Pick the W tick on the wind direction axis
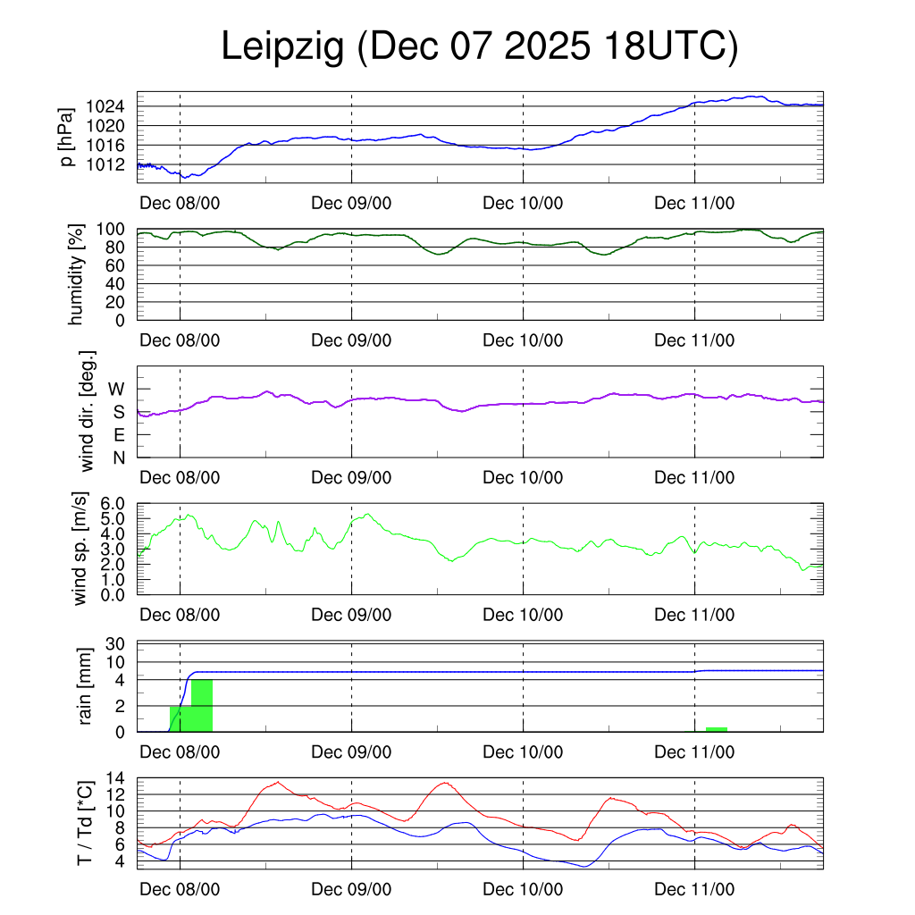coord(117,390)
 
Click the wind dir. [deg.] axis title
coord(87,411)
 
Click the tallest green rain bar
coord(202,706)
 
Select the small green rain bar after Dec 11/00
coord(716,729)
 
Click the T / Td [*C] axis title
coord(85,822)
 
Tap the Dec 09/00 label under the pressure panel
coord(351,203)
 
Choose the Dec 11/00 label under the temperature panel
coord(694,890)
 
